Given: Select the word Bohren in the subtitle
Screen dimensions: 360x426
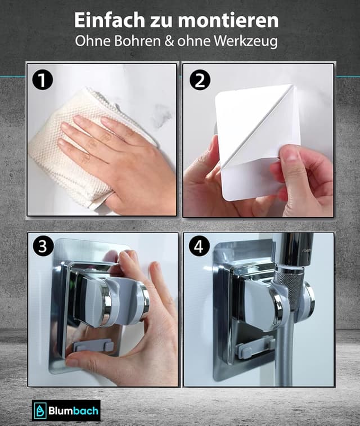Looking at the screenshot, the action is [138, 41].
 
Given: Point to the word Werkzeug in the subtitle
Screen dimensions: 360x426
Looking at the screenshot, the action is [246, 42].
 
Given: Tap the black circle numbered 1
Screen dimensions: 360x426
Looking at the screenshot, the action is [42, 80].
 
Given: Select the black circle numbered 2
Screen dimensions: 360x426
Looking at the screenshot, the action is [200, 80].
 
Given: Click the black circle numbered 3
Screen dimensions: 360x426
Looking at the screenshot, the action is [43, 246].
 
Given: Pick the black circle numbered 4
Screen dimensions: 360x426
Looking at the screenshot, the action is [199, 246].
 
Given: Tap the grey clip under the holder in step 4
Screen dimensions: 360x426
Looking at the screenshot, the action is [255, 347].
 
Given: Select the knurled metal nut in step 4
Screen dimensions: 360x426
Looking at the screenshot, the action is [289, 287].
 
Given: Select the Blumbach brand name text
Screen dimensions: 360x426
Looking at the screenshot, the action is [73, 410].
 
